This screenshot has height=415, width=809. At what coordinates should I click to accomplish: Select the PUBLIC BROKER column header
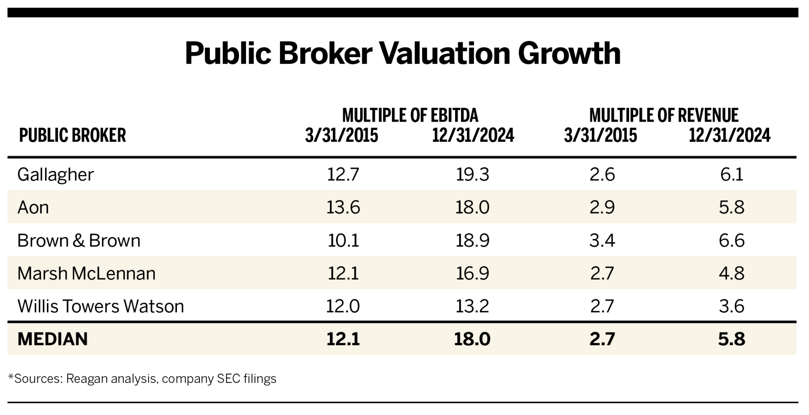[x=73, y=135]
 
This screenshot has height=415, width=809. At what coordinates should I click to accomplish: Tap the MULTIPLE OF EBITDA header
[x=410, y=115]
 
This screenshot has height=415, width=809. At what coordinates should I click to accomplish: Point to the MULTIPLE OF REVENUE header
[x=664, y=115]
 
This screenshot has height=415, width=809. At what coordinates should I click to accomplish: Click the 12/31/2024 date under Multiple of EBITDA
[x=473, y=135]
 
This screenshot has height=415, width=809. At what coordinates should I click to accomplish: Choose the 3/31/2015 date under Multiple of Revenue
[x=600, y=135]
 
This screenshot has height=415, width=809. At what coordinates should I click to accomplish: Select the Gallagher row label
[x=56, y=175]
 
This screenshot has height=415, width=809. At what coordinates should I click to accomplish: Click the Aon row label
[x=33, y=207]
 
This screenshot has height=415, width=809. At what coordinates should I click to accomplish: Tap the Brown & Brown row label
[x=79, y=240]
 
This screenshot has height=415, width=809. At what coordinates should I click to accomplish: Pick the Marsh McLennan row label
[x=87, y=273]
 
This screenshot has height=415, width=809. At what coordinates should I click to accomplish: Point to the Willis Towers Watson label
[x=101, y=306]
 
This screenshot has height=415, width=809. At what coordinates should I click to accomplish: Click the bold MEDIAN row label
[x=53, y=339]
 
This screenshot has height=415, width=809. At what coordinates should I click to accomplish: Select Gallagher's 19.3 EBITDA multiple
[x=472, y=175]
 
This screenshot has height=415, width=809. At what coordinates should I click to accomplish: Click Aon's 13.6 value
[x=343, y=207]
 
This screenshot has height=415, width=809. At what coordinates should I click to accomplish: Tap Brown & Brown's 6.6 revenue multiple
[x=732, y=240]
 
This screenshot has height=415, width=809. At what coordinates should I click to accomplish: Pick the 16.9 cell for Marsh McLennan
[x=472, y=273]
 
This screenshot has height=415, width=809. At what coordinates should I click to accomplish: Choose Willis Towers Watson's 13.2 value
[x=472, y=306]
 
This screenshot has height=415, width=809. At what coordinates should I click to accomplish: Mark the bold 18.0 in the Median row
[x=472, y=339]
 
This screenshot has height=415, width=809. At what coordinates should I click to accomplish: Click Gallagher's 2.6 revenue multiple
[x=602, y=175]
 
